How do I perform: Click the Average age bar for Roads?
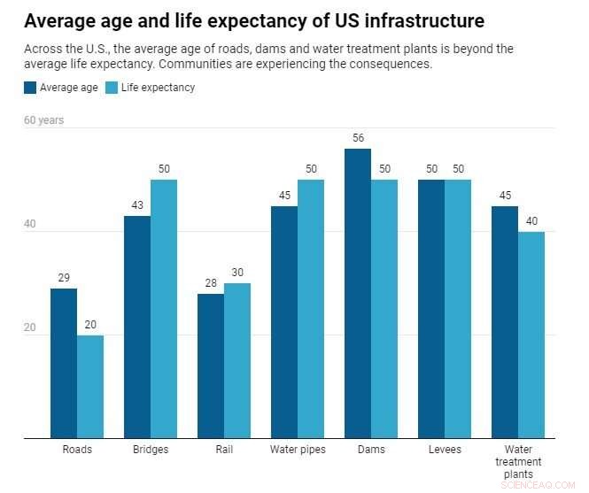point(64,363)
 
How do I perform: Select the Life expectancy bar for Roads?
point(90,387)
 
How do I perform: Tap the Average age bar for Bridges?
point(137,327)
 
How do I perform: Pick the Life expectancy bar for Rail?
point(237,360)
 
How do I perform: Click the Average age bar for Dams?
point(358,293)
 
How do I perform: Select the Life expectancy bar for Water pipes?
point(311,309)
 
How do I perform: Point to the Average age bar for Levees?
point(431,309)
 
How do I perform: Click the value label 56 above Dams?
point(358,138)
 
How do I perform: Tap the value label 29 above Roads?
point(64,278)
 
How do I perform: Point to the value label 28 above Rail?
point(211,283)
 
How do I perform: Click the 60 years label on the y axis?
point(44,120)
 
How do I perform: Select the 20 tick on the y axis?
point(30,328)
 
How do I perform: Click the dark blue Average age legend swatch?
point(30,88)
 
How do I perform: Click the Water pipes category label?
point(298,450)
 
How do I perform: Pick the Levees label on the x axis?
point(445,450)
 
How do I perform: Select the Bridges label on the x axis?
point(151,450)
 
